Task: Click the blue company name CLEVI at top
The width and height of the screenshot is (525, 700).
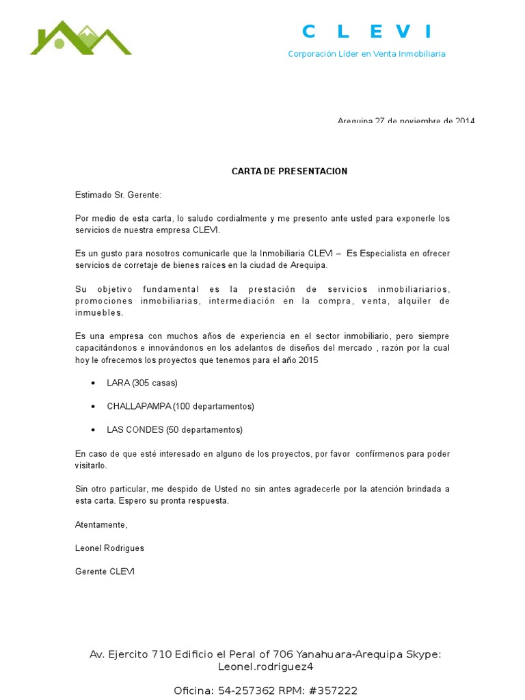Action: (x=367, y=31)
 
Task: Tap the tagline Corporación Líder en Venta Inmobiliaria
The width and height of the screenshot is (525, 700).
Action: (x=366, y=53)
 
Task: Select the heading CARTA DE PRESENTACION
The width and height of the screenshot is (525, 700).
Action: (x=289, y=171)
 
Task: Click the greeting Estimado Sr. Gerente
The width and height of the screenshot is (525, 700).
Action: (x=118, y=195)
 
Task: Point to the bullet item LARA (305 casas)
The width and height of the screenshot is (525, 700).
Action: (x=142, y=383)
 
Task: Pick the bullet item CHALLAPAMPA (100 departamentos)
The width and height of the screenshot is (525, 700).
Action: (x=180, y=406)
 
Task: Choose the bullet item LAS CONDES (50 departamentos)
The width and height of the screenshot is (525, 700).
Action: (x=174, y=430)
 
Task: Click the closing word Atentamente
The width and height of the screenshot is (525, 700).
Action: (x=101, y=524)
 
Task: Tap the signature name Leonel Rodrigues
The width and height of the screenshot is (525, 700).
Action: (x=109, y=548)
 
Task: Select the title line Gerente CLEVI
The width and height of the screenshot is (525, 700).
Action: (x=105, y=571)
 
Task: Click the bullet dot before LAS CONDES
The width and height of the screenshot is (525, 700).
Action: (x=93, y=430)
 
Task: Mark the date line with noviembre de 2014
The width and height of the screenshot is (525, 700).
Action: (x=405, y=121)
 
